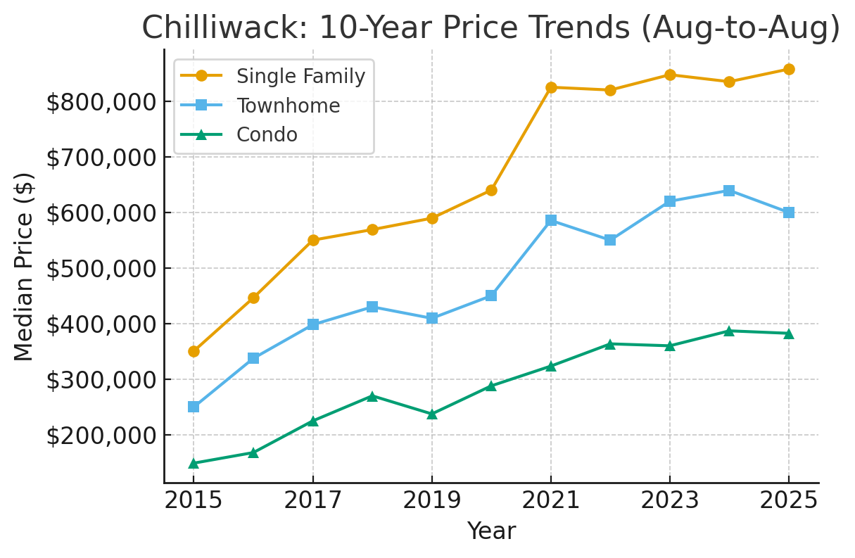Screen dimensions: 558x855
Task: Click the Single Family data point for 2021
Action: pyautogui.click(x=551, y=87)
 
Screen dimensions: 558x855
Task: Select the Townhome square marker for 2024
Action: pyautogui.click(x=729, y=191)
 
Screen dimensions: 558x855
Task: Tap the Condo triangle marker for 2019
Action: pyautogui.click(x=432, y=414)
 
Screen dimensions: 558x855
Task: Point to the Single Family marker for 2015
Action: pyautogui.click(x=194, y=351)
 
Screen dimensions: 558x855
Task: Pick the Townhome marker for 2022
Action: pyautogui.click(x=610, y=240)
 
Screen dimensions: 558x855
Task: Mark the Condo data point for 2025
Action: pyautogui.click(x=789, y=333)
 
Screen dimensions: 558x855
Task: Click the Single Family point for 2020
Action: pyautogui.click(x=491, y=190)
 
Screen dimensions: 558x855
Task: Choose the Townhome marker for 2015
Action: pyautogui.click(x=194, y=407)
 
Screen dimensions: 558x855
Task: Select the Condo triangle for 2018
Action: pyautogui.click(x=372, y=396)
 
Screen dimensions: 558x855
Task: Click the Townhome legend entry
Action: pyautogui.click(x=288, y=106)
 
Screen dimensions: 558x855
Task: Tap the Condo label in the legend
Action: pyautogui.click(x=267, y=134)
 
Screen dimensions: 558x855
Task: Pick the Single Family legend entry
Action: pyautogui.click(x=300, y=76)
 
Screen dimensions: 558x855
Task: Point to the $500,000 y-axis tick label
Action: pyautogui.click(x=101, y=269)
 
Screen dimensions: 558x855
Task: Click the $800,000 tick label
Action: pyautogui.click(x=101, y=102)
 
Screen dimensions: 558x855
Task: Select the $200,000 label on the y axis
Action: pyautogui.click(x=101, y=436)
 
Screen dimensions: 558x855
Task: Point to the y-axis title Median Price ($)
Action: pyautogui.click(x=25, y=267)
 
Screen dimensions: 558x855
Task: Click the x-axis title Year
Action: pyautogui.click(x=491, y=531)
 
